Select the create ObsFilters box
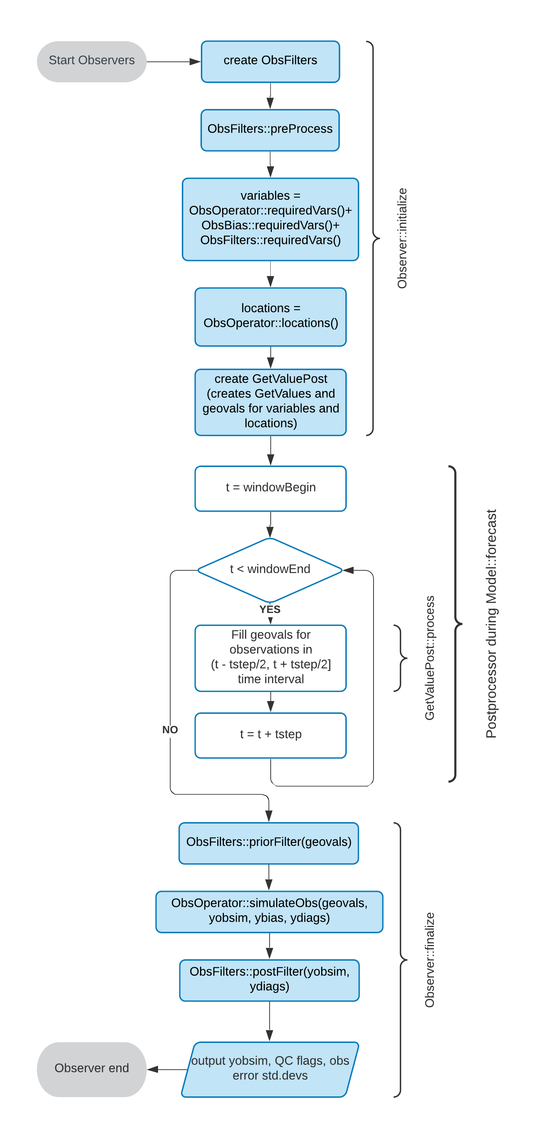click(x=270, y=61)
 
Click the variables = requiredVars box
click(x=270, y=219)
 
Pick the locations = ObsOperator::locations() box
click(x=270, y=317)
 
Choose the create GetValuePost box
click(x=270, y=402)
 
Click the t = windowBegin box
click(x=270, y=489)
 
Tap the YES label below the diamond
click(x=270, y=609)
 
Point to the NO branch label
click(x=170, y=730)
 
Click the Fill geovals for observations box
click(x=270, y=658)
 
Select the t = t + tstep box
click(x=270, y=735)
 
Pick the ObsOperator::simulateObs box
click(x=269, y=912)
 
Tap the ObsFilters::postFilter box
click(x=269, y=980)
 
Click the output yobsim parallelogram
click(x=270, y=1069)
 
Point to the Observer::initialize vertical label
click(x=402, y=238)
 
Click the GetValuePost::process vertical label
click(x=429, y=658)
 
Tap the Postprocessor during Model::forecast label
click(x=491, y=624)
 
